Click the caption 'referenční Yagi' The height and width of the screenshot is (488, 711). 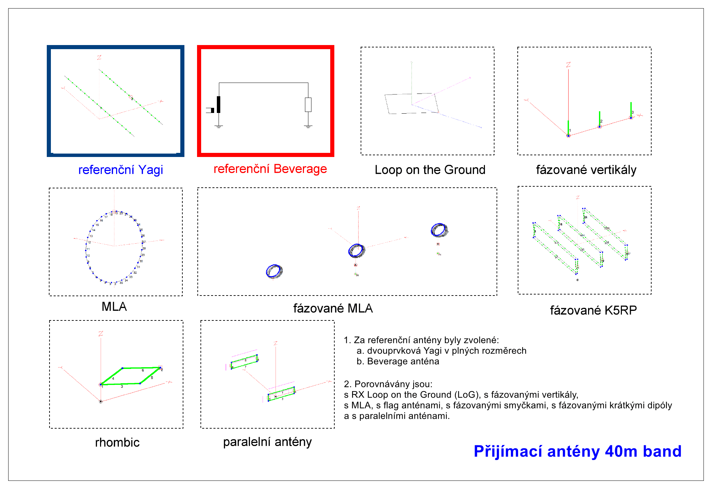[121, 170]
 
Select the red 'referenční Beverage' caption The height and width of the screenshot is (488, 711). [270, 169]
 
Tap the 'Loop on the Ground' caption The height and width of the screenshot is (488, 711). [430, 170]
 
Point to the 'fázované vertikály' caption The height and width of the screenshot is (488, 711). [586, 170]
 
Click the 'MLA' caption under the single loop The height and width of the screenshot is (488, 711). [114, 306]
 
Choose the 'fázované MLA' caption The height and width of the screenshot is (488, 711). [333, 308]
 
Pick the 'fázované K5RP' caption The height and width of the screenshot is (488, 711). [593, 310]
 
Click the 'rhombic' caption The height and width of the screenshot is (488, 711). [117, 442]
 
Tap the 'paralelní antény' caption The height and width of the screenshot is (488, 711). [267, 442]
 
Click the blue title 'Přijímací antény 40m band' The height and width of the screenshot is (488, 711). [577, 451]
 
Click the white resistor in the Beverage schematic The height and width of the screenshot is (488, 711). [308, 105]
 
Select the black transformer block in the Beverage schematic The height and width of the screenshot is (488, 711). [219, 104]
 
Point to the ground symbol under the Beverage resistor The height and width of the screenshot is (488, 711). [308, 127]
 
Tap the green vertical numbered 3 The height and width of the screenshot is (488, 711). [631, 109]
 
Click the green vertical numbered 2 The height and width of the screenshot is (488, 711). [599, 118]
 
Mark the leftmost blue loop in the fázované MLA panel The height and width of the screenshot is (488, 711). [274, 271]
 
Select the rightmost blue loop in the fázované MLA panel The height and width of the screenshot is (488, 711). [439, 230]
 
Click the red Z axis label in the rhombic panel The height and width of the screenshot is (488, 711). [101, 333]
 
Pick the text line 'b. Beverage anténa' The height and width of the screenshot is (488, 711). [398, 361]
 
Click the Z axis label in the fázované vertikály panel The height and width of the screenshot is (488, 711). [568, 64]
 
